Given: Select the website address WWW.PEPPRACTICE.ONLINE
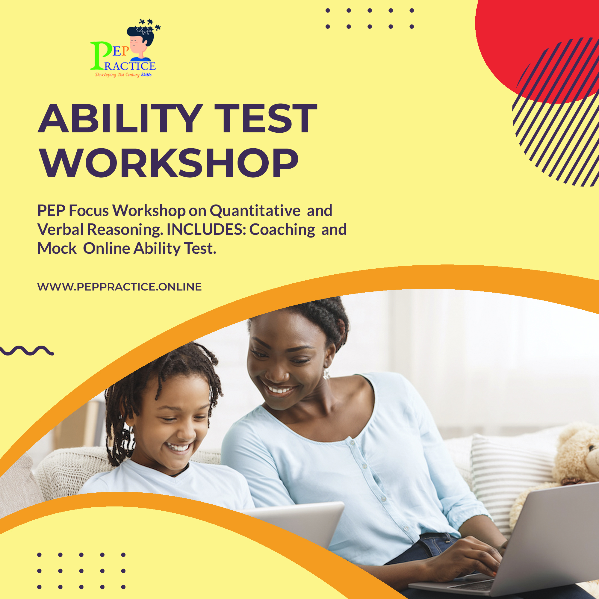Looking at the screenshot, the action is pos(120,287).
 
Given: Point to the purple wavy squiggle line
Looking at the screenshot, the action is pos(27,350).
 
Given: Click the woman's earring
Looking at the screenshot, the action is pos(326,374).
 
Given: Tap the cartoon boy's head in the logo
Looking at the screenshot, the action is pos(141,40).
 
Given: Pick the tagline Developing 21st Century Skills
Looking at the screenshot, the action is pos(123,75).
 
